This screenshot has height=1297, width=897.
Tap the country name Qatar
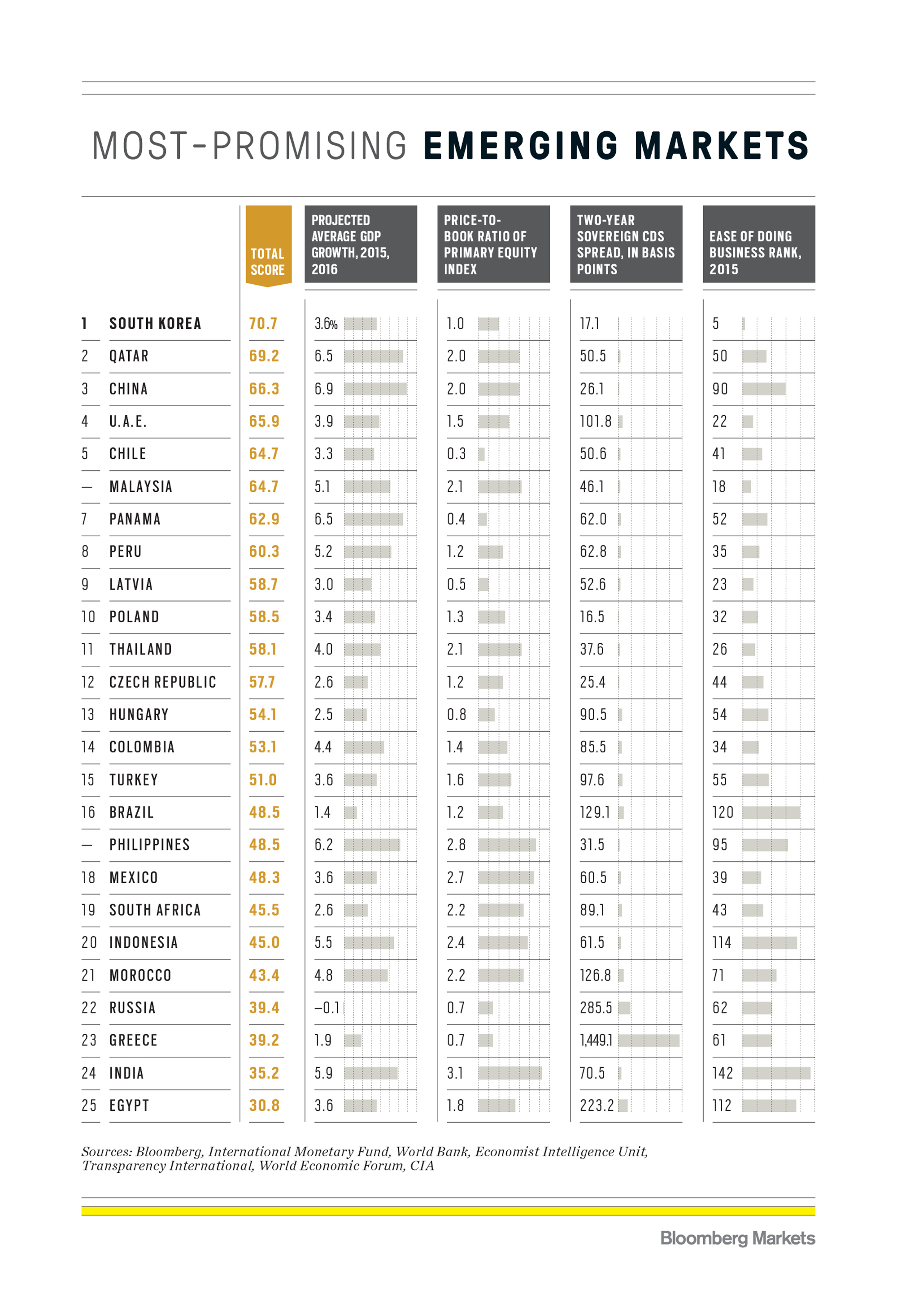click(x=129, y=356)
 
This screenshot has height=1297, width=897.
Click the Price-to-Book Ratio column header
click(x=493, y=244)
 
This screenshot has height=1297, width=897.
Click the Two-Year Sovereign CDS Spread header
click(x=626, y=244)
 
